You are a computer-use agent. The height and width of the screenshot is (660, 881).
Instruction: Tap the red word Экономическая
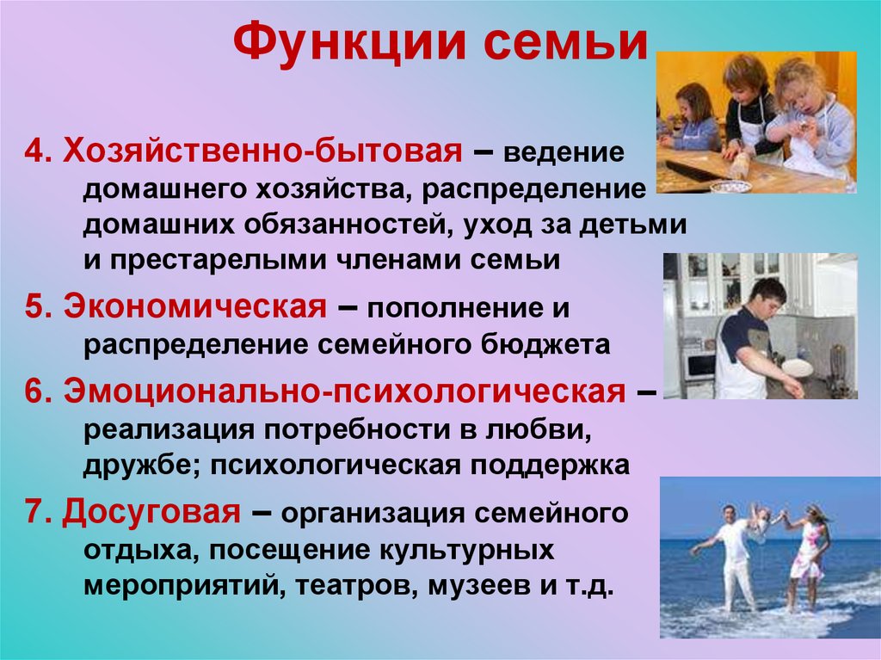193,306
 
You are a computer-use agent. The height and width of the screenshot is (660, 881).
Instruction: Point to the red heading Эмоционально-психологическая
343,392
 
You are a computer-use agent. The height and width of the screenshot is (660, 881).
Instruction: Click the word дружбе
138,466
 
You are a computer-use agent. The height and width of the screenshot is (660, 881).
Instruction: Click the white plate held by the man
797,368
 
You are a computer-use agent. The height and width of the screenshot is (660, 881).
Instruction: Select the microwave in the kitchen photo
699,365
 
